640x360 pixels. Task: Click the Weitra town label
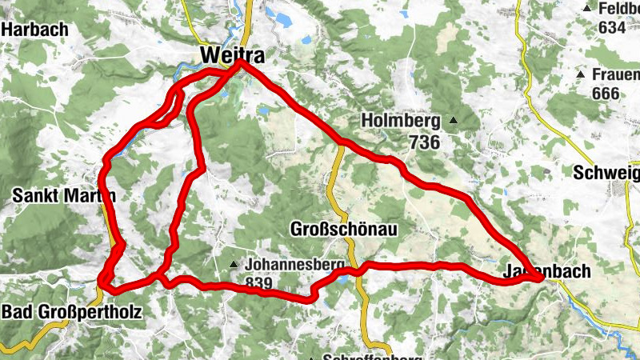pyautogui.click(x=233, y=54)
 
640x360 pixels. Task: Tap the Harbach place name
pyautogui.click(x=34, y=30)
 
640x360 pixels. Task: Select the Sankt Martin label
pyautogui.click(x=64, y=195)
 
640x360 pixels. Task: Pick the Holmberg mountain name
pyautogui.click(x=401, y=122)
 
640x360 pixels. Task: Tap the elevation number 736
pyautogui.click(x=423, y=142)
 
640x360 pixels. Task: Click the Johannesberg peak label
pyautogui.click(x=295, y=263)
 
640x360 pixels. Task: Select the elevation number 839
pyautogui.click(x=259, y=282)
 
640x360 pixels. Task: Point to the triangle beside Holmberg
pyautogui.click(x=453, y=121)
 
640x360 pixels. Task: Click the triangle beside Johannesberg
pyautogui.click(x=234, y=264)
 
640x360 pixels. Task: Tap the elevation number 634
pyautogui.click(x=610, y=27)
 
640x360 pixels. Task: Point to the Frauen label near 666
pyautogui.click(x=616, y=74)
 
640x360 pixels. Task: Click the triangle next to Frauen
pyautogui.click(x=582, y=74)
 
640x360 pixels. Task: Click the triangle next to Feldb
pyautogui.click(x=587, y=8)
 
